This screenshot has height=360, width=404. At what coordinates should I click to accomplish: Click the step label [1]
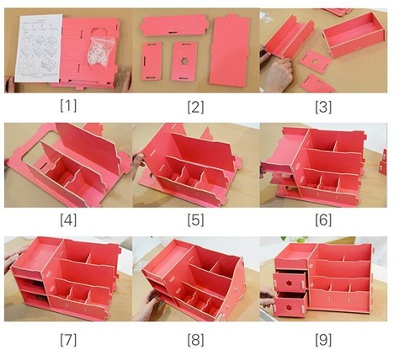[68, 106]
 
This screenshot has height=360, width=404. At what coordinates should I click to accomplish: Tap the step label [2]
[195, 107]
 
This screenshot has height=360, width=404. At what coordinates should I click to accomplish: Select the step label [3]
[323, 107]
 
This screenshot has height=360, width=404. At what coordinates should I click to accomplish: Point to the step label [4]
[68, 220]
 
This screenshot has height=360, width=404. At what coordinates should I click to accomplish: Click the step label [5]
[195, 220]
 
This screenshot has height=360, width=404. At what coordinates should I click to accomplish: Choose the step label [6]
[323, 220]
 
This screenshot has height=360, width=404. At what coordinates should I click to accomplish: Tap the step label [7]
[68, 340]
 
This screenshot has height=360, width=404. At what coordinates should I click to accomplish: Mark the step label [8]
[195, 340]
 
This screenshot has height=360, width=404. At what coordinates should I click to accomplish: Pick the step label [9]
[323, 340]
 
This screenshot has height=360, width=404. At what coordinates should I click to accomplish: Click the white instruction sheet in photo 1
[39, 48]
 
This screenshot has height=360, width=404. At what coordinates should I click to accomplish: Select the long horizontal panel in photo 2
[174, 25]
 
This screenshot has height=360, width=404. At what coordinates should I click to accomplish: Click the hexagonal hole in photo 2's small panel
[184, 61]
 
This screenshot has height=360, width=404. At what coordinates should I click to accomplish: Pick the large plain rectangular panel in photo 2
[230, 50]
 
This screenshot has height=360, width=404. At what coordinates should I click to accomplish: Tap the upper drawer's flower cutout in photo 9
[288, 283]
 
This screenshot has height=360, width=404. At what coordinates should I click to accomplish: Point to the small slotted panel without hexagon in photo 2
[151, 61]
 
